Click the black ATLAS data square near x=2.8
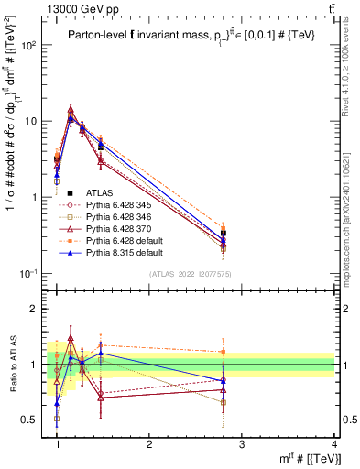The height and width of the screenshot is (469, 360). (x=224, y=234)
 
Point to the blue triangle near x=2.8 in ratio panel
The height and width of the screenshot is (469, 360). (x=224, y=380)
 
